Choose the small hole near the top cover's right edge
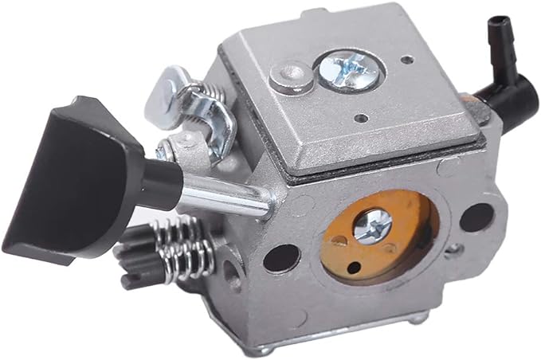pyautogui.click(x=408, y=59)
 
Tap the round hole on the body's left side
pyautogui.click(x=232, y=272)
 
